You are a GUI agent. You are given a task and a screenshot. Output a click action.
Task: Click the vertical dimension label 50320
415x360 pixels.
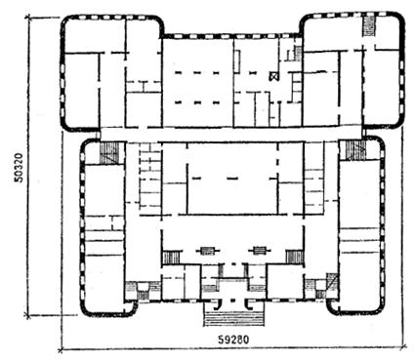point(20,168)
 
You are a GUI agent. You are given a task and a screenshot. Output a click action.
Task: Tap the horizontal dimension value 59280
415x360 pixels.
point(233,340)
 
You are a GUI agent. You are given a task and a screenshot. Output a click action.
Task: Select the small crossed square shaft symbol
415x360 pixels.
point(274,76)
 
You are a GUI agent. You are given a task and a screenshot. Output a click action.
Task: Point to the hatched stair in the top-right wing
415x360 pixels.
point(369,26)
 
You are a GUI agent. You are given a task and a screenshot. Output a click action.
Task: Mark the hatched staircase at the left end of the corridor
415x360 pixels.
point(109,152)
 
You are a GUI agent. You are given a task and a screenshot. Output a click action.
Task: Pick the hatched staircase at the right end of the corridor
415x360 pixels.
point(356,150)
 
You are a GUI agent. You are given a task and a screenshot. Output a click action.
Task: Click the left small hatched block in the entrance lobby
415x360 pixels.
point(207,251)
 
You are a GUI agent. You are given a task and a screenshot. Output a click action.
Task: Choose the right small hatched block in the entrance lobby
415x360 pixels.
point(260,251)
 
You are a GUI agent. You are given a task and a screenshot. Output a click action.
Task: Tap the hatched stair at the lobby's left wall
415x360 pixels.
point(171,258)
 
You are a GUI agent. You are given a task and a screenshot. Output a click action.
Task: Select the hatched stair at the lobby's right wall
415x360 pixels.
point(295,257)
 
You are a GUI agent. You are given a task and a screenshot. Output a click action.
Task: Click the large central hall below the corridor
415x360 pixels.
point(232,179)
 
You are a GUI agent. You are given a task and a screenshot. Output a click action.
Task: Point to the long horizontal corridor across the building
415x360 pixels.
point(231,135)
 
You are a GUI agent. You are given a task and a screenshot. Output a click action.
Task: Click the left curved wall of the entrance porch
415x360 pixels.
point(219,304)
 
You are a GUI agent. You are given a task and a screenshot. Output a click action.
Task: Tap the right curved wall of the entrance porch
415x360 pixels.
point(248,304)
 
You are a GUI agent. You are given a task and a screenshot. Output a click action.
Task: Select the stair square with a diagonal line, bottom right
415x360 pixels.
point(332,281)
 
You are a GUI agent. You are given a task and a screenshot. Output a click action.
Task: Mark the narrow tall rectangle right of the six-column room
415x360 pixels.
point(237,61)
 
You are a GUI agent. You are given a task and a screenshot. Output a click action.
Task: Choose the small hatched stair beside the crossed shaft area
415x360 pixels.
point(298,53)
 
